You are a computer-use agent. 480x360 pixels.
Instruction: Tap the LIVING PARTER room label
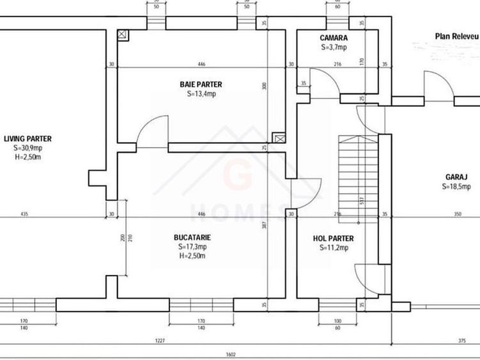(27, 138)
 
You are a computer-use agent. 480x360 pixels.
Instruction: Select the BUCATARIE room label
(192, 237)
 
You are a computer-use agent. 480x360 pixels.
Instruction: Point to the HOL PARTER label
(333, 239)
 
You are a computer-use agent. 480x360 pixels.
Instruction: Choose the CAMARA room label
(334, 38)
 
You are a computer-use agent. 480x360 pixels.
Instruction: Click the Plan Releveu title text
(456, 36)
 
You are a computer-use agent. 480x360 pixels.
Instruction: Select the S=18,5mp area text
(456, 187)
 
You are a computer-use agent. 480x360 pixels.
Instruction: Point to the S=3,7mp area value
(334, 47)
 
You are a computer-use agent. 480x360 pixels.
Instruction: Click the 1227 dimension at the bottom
(160, 341)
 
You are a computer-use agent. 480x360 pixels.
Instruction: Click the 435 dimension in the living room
(24, 214)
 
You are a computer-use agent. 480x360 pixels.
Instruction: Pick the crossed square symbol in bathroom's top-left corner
(123, 36)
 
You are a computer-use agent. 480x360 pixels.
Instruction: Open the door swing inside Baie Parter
(153, 131)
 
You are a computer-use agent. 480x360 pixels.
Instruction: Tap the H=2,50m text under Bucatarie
(192, 256)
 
